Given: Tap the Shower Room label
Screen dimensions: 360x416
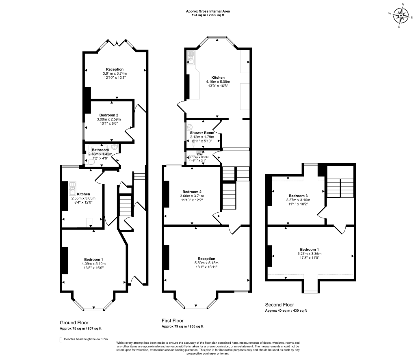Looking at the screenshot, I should point(202,133).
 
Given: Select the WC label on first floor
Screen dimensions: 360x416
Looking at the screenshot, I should point(199,154).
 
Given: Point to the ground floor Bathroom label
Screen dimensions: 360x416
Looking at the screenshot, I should point(100,150).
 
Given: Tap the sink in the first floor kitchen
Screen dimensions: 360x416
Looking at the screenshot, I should point(191,58).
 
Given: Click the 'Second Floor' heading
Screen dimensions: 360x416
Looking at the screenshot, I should point(279,305).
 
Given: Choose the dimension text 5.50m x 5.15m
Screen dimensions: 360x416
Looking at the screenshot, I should point(206,263).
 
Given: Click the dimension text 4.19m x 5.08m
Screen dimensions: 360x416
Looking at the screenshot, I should point(218,82).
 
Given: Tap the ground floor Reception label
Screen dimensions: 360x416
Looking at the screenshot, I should point(115,69).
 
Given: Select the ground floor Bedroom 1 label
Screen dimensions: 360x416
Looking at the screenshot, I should point(93,259).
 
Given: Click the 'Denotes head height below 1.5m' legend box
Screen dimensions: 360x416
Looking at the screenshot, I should point(61,339).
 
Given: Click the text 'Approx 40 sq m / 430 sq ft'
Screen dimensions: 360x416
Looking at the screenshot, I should point(286,310).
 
